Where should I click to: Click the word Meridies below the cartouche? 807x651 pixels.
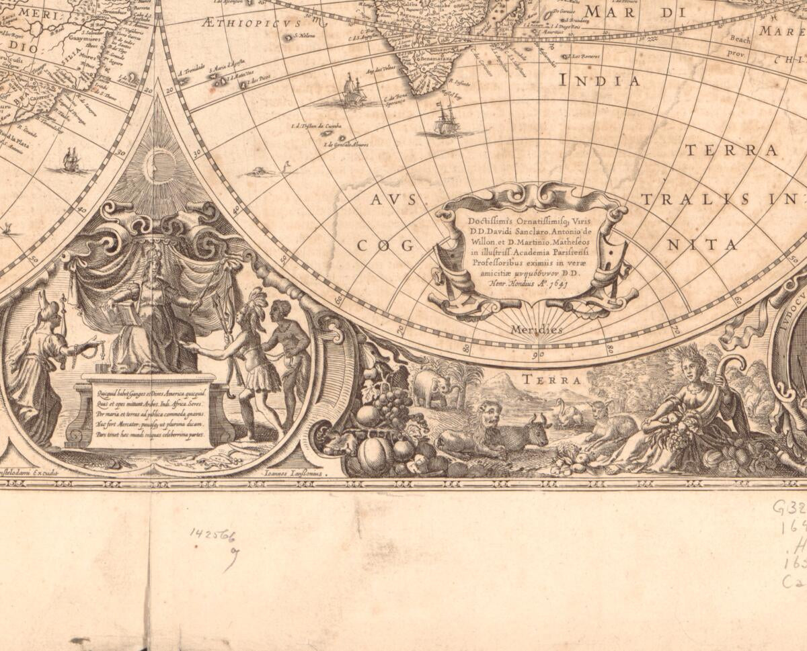(x=535, y=330)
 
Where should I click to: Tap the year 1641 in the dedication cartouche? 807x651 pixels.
(x=555, y=284)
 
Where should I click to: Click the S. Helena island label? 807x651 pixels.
(x=305, y=36)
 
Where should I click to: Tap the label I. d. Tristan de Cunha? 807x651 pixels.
(x=316, y=126)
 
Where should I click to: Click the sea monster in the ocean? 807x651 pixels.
(x=260, y=172)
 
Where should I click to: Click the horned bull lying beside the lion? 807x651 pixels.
(x=531, y=431)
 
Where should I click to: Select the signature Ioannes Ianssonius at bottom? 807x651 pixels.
(x=292, y=473)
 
